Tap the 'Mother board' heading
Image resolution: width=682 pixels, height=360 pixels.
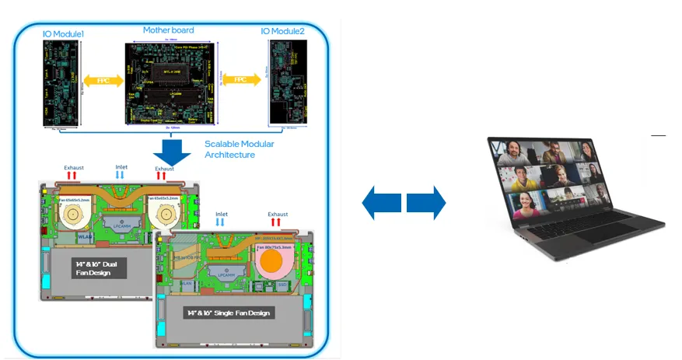(168, 30)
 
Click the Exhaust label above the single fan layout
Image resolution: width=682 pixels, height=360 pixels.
(277, 214)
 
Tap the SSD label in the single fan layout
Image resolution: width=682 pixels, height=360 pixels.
(282, 286)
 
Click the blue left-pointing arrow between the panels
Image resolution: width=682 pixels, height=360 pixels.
(382, 203)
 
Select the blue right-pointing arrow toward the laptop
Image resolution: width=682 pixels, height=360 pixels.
(425, 203)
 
